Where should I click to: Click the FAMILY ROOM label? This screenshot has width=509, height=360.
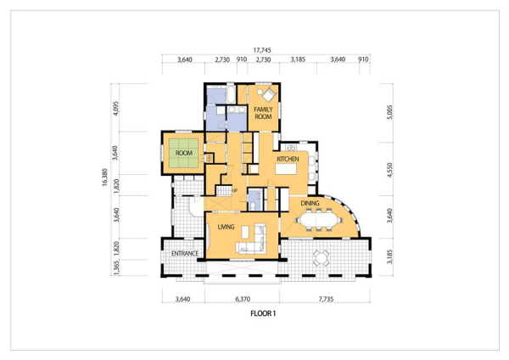(x=263, y=113)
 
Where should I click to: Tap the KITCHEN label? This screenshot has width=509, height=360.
(x=288, y=159)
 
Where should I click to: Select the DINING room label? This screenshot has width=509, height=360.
(x=310, y=204)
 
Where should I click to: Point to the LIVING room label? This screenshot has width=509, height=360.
(x=226, y=227)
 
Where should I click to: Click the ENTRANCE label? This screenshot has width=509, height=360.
(x=185, y=253)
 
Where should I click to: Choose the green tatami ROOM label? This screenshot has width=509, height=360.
(x=184, y=153)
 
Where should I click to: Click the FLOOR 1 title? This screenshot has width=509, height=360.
(x=263, y=313)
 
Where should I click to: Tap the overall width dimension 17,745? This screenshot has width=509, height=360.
(x=262, y=50)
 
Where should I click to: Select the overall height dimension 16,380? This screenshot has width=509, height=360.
(x=104, y=177)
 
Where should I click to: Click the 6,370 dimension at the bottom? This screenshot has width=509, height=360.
(x=242, y=299)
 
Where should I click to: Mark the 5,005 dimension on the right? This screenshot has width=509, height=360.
(x=390, y=112)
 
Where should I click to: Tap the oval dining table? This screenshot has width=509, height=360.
(x=319, y=220)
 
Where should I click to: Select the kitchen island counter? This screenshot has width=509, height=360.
(x=286, y=169)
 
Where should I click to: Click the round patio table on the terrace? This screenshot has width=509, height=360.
(x=321, y=259)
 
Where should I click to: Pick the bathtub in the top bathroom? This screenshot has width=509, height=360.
(x=231, y=93)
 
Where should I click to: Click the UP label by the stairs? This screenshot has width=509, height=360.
(x=235, y=190)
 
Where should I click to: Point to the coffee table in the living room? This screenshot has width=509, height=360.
(x=246, y=232)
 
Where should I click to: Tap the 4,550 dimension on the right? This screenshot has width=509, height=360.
(x=390, y=170)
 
